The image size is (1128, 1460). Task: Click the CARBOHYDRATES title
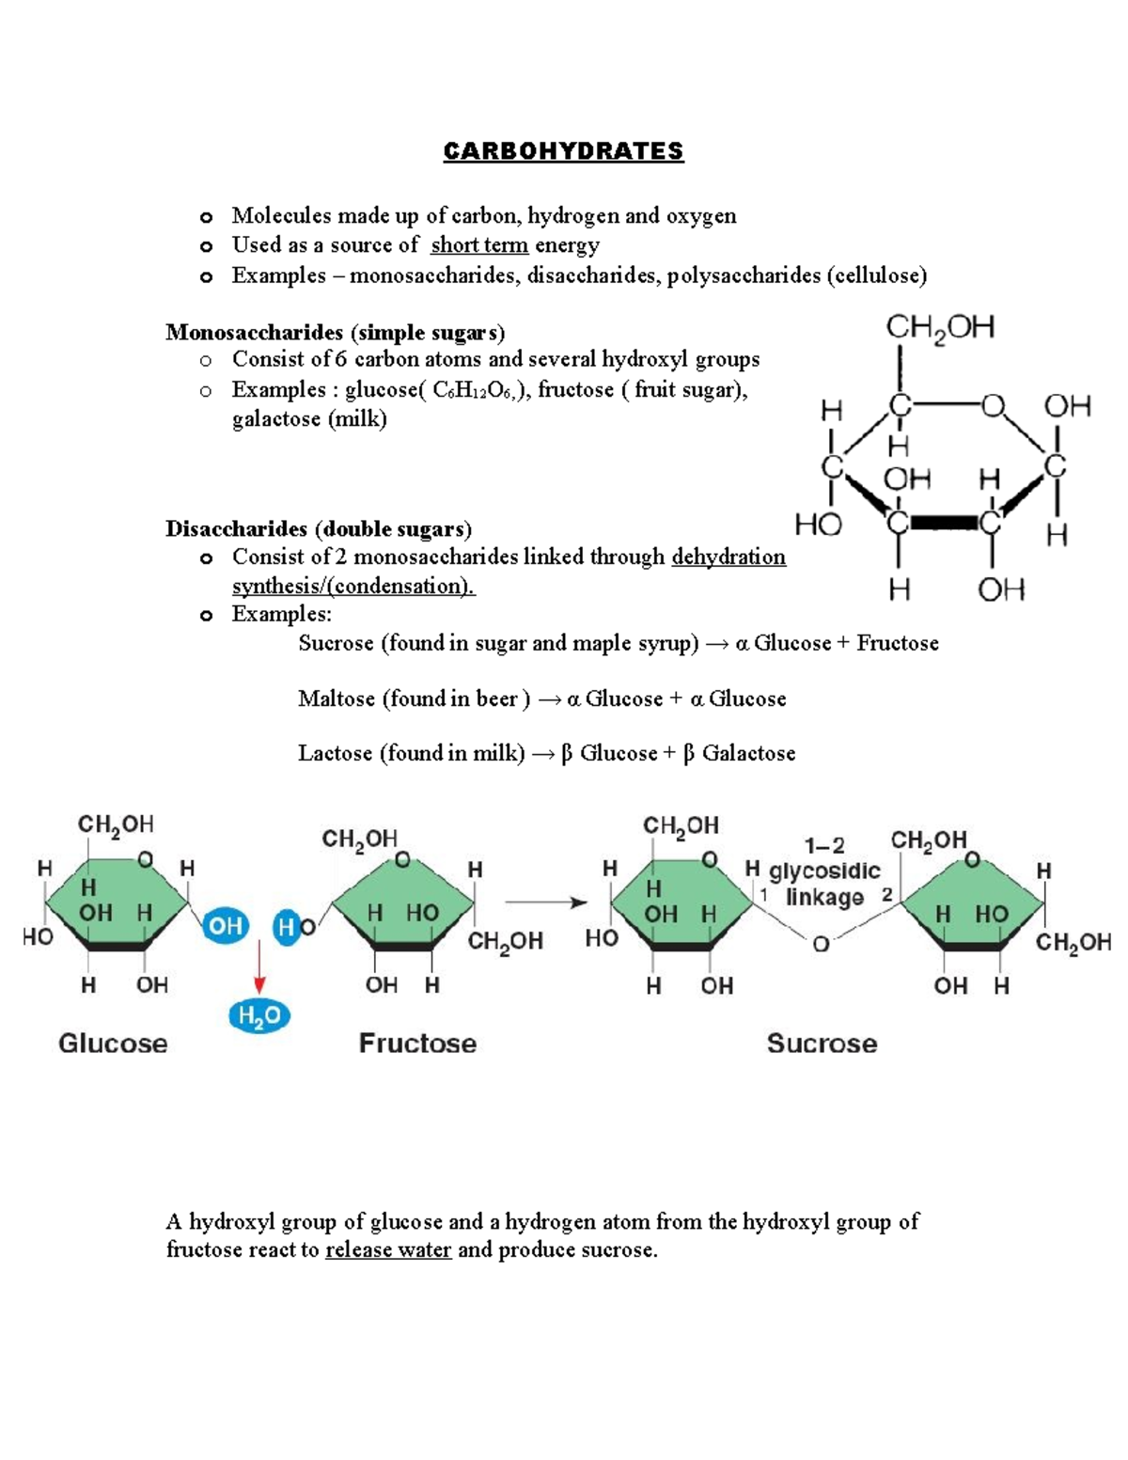pyautogui.click(x=563, y=151)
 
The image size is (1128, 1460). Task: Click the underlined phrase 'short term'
pyautogui.click(x=478, y=245)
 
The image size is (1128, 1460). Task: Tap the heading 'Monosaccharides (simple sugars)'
pyautogui.click(x=335, y=332)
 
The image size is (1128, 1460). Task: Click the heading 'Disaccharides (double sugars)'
pyautogui.click(x=319, y=528)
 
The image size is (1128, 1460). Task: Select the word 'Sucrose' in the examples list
pyautogui.click(x=336, y=643)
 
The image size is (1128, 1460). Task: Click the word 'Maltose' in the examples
pyautogui.click(x=336, y=699)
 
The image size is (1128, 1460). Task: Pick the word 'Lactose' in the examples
pyautogui.click(x=335, y=753)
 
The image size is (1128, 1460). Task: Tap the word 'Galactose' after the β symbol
pyautogui.click(x=748, y=753)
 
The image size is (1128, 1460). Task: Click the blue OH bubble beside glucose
pyautogui.click(x=225, y=926)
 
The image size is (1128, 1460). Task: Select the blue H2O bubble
pyautogui.click(x=258, y=1015)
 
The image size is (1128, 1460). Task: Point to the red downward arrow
pyautogui.click(x=258, y=968)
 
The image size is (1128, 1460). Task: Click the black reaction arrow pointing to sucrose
pyautogui.click(x=546, y=903)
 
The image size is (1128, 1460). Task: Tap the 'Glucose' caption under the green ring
pyautogui.click(x=113, y=1044)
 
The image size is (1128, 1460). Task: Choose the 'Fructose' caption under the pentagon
pyautogui.click(x=417, y=1044)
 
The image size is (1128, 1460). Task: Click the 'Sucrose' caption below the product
pyautogui.click(x=822, y=1044)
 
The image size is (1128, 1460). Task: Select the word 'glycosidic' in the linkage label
pyautogui.click(x=824, y=871)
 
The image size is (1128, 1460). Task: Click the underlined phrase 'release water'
pyautogui.click(x=388, y=1250)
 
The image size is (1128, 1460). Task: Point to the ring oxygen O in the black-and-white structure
pyautogui.click(x=994, y=406)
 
